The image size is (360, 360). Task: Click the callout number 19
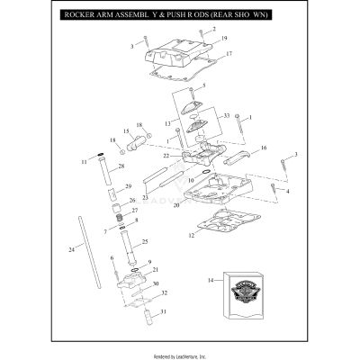coord(223,39)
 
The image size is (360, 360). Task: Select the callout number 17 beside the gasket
coord(229,55)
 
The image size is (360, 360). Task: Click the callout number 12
coord(191,236)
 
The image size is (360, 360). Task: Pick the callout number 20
coord(176,206)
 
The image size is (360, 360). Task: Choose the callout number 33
coord(227,116)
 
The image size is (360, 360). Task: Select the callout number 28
coord(121,166)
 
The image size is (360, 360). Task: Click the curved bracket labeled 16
coord(242,160)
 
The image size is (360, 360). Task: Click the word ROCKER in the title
coord(80,16)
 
